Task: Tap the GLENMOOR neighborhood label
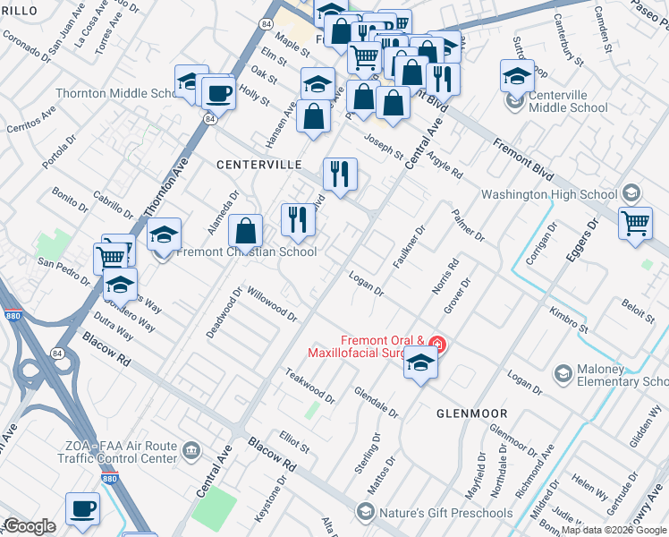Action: [x=471, y=413]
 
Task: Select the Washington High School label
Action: [x=549, y=194]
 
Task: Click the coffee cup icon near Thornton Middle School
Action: [x=218, y=92]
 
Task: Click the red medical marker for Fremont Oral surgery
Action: [x=437, y=343]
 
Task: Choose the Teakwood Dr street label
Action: [x=309, y=384]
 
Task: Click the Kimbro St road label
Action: [x=570, y=322]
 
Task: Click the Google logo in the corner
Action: [x=30, y=526]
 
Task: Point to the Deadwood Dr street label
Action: [x=224, y=312]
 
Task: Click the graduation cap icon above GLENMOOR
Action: [x=420, y=362]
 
